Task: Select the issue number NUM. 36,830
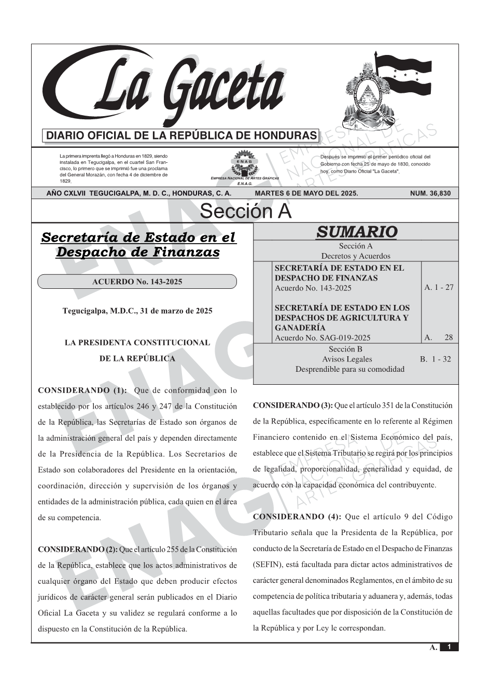tap(430, 193)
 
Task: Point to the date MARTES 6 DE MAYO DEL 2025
tap(306, 193)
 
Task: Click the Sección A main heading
tap(245, 212)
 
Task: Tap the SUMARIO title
tap(356, 232)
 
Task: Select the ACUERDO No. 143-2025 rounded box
tap(137, 282)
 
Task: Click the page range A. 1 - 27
tap(439, 287)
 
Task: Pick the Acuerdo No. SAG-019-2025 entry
tap(323, 338)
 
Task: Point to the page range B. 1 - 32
tap(436, 359)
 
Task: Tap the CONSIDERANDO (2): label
tap(78, 549)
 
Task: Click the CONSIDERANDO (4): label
tap(297, 516)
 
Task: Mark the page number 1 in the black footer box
tap(449, 647)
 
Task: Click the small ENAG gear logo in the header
tap(244, 162)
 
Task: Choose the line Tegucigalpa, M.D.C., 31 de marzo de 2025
tap(137, 311)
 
